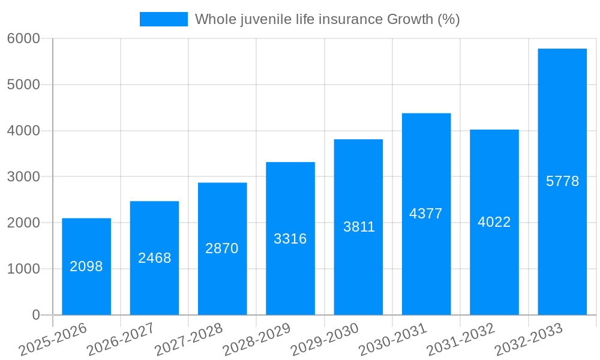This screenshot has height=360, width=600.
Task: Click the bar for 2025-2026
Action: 86,266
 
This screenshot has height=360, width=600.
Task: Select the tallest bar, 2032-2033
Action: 562,181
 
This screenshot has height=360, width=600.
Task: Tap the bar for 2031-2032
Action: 494,222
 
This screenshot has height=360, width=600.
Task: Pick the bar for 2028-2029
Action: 290,238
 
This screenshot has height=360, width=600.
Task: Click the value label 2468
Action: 155,258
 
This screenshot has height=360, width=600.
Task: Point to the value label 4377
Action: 426,214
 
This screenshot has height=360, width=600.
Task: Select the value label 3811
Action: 359,227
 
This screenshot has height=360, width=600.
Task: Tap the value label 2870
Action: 222,248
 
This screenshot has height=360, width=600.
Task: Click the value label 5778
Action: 562,181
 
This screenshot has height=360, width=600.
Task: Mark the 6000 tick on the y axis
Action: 23,38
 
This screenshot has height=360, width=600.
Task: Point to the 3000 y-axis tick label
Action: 23,177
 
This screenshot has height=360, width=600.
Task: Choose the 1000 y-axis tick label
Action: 23,269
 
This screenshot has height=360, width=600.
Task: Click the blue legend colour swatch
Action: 163,19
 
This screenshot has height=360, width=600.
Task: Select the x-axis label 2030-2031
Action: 393,340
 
